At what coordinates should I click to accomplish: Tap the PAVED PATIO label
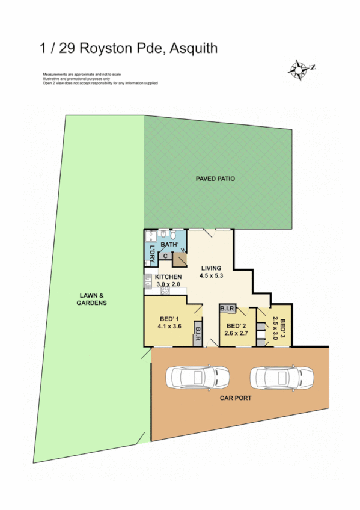[x=215, y=179]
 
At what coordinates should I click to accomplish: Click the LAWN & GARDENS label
[x=92, y=299]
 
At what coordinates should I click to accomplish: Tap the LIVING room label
[x=211, y=268]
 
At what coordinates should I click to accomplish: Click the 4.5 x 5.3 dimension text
[x=211, y=277]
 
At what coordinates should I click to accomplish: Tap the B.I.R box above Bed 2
[x=227, y=309]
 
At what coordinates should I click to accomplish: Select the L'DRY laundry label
[x=152, y=254]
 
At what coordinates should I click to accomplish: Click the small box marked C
[x=165, y=256]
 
